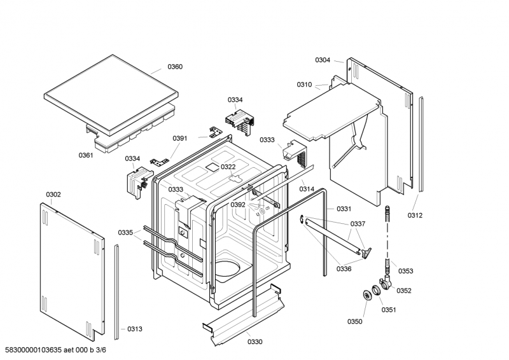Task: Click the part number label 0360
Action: coord(175,67)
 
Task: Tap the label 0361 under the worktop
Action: coord(86,155)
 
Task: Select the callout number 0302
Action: coord(53,195)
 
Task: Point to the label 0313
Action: coord(135,329)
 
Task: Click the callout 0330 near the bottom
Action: coord(255,342)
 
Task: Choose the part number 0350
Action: coord(355,321)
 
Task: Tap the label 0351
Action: coord(389,310)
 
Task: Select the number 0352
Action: coord(404,291)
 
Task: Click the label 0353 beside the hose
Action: coord(406,271)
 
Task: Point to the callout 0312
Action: coord(415,215)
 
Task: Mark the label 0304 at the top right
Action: coord(323,60)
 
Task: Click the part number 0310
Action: coord(304,85)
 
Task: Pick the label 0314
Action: coord(307,189)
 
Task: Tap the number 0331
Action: coord(344,209)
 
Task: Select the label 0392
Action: coord(238,205)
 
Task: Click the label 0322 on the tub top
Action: coord(228,167)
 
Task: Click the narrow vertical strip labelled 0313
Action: coord(116,292)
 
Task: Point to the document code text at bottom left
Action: coord(56,350)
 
